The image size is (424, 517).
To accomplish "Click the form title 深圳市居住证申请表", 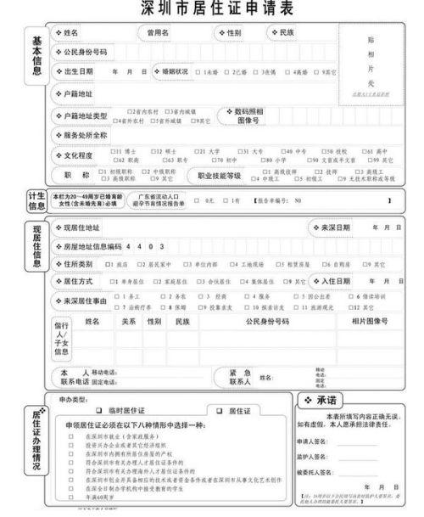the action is coord(212,9).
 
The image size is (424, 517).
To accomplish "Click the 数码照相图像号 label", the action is coord(246,115).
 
